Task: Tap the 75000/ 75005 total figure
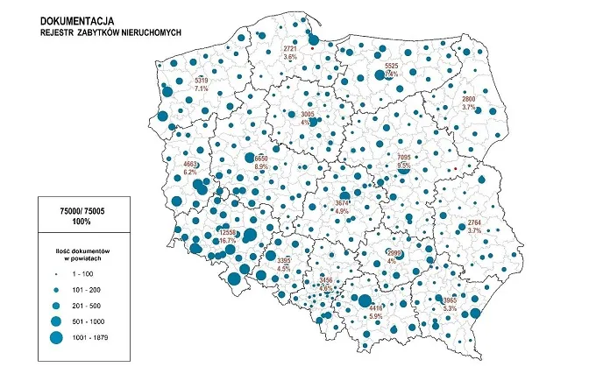82,210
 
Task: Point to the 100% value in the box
82,222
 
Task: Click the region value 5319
201,81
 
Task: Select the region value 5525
392,66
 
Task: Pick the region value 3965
451,300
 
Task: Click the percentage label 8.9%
261,166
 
